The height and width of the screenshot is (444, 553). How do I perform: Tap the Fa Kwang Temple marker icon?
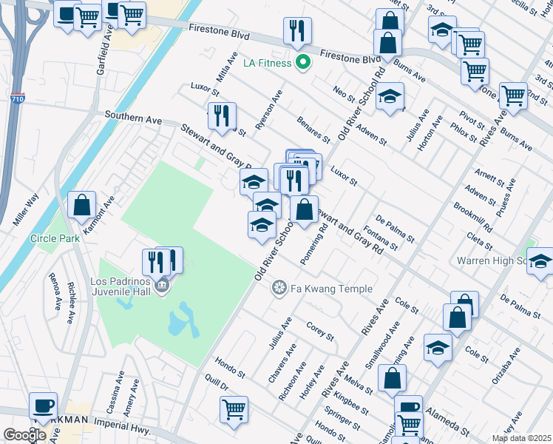coord(279,287)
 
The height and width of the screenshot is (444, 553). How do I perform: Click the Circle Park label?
coord(49,239)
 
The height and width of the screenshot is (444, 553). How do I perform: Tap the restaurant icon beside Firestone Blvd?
coord(297,31)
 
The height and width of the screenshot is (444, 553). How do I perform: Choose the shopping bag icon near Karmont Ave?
coord(83,206)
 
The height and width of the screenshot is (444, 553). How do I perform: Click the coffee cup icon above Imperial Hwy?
coord(43,406)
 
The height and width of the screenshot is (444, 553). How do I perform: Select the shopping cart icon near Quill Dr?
coord(234,409)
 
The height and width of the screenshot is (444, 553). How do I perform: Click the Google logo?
coord(24,435)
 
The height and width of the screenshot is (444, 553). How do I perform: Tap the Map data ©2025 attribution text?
coord(521,438)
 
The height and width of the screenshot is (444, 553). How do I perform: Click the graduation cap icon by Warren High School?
coord(541,261)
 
